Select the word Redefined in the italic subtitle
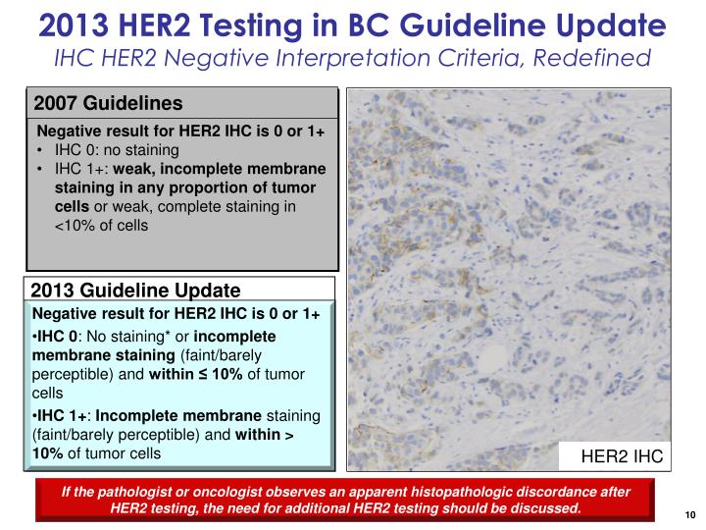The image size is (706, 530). pos(599,58)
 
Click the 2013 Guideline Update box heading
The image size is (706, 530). pos(135,291)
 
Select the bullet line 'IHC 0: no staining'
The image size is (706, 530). pos(117,150)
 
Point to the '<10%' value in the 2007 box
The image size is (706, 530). pos(73,225)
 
